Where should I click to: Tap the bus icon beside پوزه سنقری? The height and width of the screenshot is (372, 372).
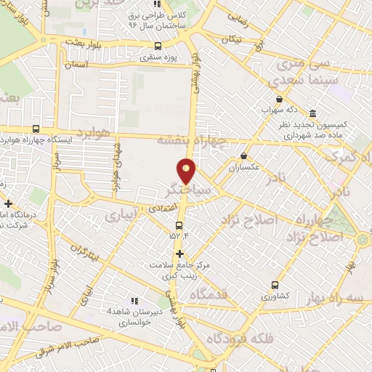(x=159, y=46)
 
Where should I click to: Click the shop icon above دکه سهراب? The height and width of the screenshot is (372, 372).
(x=279, y=100)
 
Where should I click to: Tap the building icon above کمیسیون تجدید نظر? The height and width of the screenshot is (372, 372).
(x=313, y=113)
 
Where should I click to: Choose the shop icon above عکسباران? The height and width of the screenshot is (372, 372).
(x=243, y=156)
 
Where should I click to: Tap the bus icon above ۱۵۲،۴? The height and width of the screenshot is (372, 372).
(x=179, y=222)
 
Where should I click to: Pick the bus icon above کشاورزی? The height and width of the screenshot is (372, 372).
(x=275, y=285)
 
